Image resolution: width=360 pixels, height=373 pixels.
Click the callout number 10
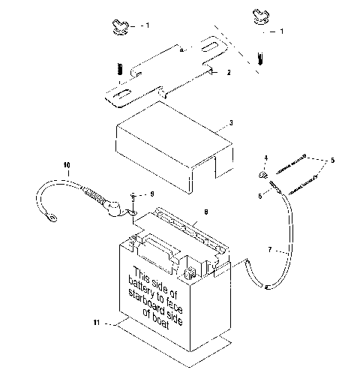pyautogui.click(x=66, y=164)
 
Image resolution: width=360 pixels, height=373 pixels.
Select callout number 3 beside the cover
pyautogui.click(x=231, y=123)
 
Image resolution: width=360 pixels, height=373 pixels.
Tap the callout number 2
pyautogui.click(x=228, y=73)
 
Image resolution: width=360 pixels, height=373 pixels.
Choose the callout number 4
pyautogui.click(x=265, y=157)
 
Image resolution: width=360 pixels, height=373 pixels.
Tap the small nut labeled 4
pyautogui.click(x=264, y=175)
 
